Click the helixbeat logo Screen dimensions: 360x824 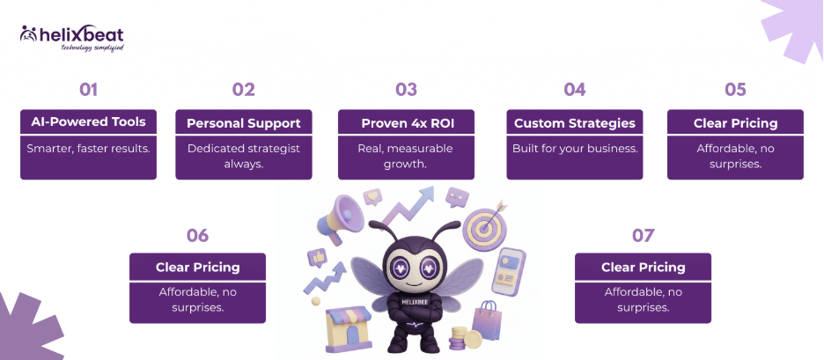72,38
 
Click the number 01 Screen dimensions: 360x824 88,89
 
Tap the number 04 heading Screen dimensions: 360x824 574,89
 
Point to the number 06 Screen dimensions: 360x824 197,235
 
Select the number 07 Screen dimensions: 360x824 643,235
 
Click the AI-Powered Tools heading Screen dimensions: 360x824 88,122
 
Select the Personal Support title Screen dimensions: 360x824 244,123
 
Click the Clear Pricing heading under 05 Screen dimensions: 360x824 735,123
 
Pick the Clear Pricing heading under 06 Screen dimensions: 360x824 197,267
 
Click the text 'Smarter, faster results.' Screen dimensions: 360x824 88,149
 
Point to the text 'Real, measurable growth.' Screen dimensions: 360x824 406,156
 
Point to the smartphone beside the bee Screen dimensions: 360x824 510,269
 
